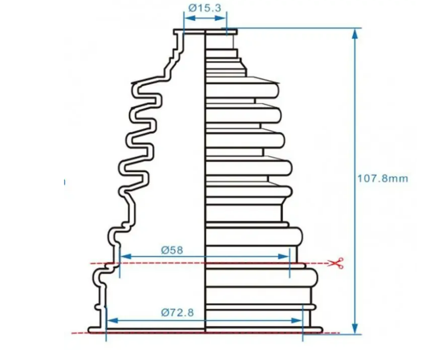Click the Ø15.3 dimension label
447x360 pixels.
205,8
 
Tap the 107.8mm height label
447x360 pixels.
382,178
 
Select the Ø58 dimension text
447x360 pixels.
172,250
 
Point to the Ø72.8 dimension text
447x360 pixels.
177,313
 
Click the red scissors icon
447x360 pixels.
336,263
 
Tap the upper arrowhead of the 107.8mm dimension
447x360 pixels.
355,34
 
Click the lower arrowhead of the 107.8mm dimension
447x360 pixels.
355,329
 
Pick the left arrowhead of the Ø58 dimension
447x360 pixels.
126,256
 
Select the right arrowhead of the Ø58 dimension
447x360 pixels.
284,256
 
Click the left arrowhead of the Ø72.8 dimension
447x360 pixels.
113,321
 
